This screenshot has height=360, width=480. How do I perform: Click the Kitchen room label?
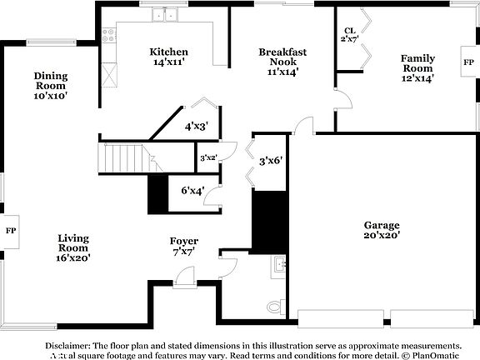[x=169, y=57]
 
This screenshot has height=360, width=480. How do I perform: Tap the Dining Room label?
[x=50, y=85]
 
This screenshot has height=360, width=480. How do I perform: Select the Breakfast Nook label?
[x=282, y=62]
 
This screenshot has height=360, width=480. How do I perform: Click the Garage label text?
[x=382, y=230]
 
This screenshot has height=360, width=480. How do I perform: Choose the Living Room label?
[x=73, y=248]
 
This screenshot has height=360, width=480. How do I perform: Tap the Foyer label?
[x=183, y=246]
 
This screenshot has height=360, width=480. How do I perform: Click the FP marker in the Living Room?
[x=11, y=230]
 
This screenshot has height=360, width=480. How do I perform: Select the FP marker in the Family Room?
[x=468, y=62]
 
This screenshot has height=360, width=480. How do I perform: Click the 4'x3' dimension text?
[x=196, y=127]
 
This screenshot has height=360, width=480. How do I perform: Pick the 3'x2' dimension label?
[x=208, y=157]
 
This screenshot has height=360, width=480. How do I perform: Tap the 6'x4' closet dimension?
[x=192, y=191]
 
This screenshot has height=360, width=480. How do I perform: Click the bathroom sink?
[x=277, y=267]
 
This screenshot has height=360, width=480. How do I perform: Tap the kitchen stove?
[x=107, y=35]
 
